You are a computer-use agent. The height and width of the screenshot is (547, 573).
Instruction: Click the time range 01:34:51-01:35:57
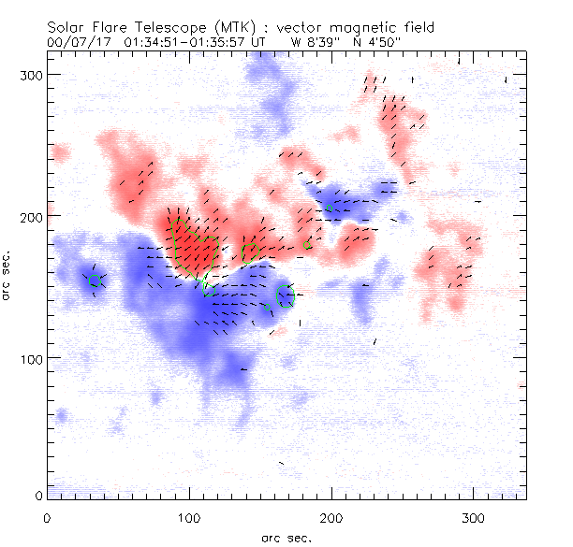(x=186, y=43)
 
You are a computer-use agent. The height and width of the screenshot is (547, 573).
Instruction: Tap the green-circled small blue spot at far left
(x=95, y=280)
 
